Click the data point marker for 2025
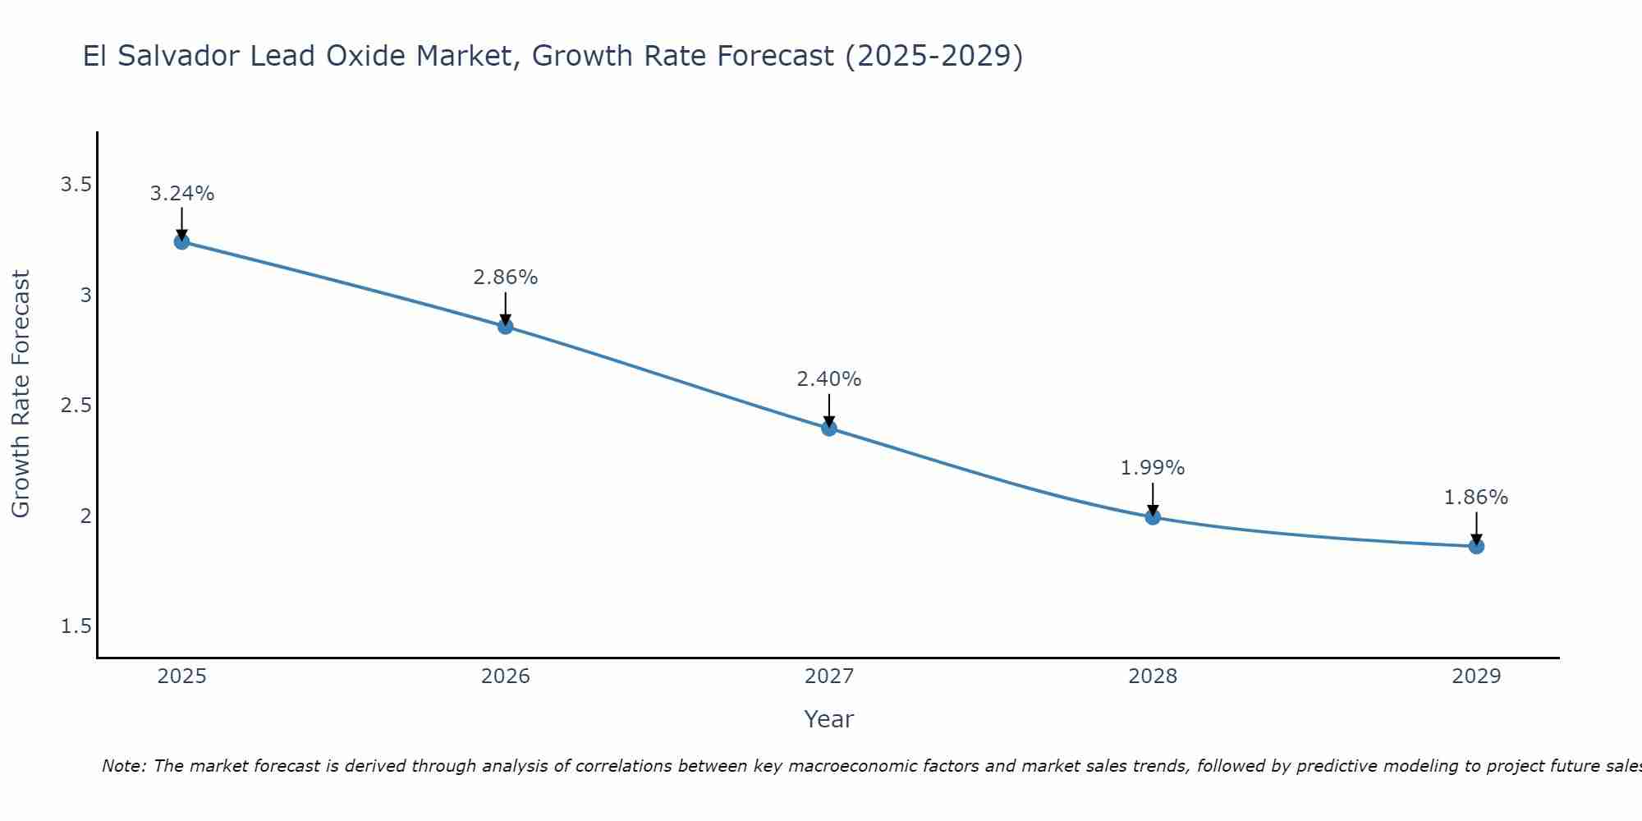click(x=181, y=241)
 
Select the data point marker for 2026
click(x=505, y=326)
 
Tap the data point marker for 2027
click(x=828, y=428)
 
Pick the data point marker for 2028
click(x=1152, y=516)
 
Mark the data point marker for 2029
click(x=1475, y=546)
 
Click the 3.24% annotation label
click(x=181, y=194)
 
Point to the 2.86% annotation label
click(x=505, y=277)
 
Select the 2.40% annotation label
click(x=828, y=379)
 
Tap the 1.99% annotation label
click(x=1152, y=468)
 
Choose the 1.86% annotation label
click(x=1475, y=498)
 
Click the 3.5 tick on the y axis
click(x=76, y=185)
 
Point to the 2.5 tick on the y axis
click(x=76, y=406)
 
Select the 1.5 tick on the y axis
click(x=76, y=626)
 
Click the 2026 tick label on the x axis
click(x=505, y=677)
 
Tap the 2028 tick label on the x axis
click(x=1152, y=677)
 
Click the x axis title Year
click(x=828, y=719)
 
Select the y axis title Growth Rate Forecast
click(x=21, y=394)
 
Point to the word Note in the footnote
click(x=123, y=766)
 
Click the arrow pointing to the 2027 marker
click(x=828, y=410)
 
